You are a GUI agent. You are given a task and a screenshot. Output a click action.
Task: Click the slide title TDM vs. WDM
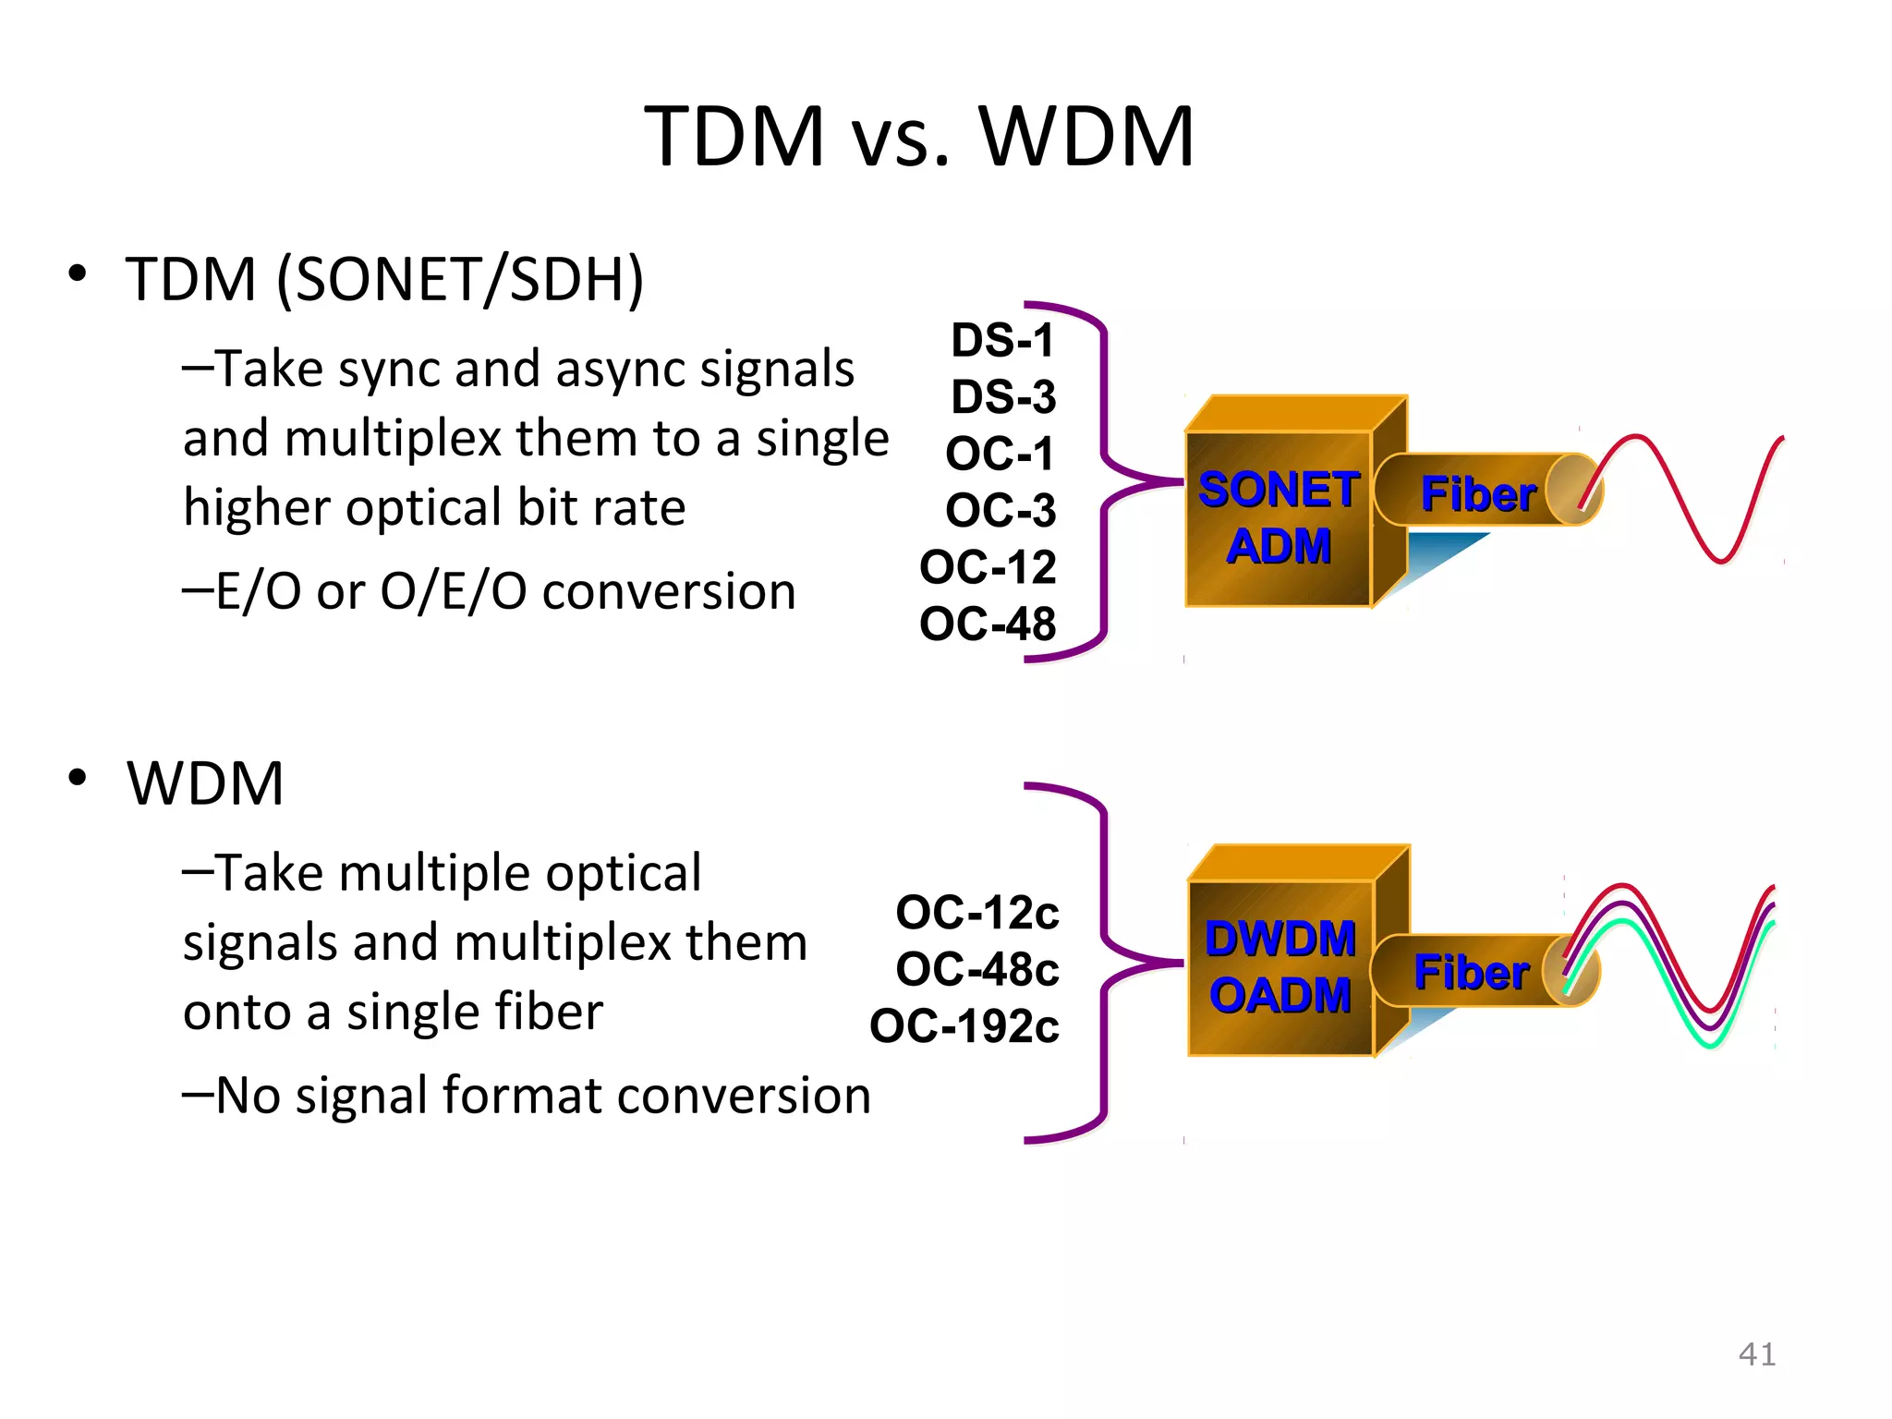(x=919, y=137)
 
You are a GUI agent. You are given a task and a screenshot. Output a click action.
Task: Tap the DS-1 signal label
(x=1002, y=340)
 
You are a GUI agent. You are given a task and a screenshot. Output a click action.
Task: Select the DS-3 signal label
(x=1003, y=397)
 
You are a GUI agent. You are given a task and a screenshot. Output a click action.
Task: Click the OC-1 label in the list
(x=1000, y=454)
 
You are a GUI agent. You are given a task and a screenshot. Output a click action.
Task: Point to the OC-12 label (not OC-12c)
(x=988, y=566)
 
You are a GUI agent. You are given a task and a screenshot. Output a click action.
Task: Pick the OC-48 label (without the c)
(x=988, y=624)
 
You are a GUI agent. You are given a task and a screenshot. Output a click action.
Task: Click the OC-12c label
(x=977, y=913)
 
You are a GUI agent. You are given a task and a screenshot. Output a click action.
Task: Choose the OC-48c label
(x=977, y=969)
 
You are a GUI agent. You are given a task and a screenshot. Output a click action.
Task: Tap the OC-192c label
(x=964, y=1026)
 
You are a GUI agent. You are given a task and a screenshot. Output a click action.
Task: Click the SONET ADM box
(x=1279, y=517)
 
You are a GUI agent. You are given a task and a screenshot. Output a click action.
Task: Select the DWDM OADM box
(x=1280, y=966)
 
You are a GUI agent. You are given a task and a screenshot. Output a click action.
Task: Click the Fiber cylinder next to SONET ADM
(x=1478, y=491)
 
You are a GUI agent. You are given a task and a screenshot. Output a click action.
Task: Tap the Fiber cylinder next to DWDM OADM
(x=1473, y=971)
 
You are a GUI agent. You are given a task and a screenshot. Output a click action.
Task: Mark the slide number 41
(x=1756, y=1354)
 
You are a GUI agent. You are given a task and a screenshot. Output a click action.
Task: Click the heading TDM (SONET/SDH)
(x=384, y=279)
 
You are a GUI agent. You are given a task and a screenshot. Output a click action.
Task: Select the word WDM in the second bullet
(x=205, y=783)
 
